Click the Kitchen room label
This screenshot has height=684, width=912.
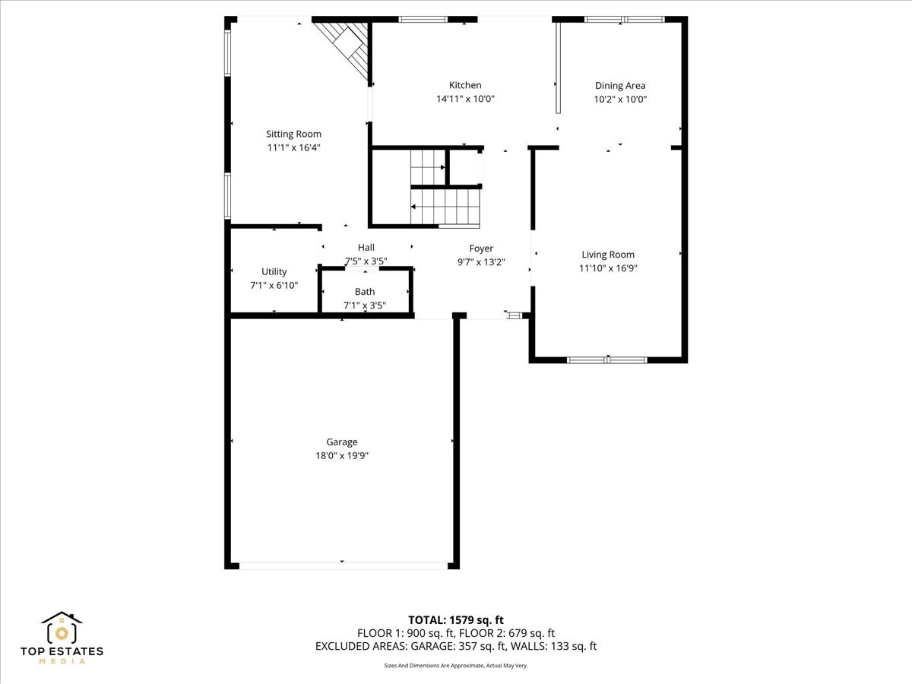coord(464,85)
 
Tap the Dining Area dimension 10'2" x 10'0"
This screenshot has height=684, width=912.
coord(620,99)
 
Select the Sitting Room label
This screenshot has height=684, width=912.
coord(293,134)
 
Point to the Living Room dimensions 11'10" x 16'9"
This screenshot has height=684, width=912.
coord(608,268)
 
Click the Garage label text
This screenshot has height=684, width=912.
coord(341,442)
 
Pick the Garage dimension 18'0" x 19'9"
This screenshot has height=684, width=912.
coord(341,455)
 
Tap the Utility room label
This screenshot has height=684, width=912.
coord(274,271)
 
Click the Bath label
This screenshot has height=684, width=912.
coord(365,292)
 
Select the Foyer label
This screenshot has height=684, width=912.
coord(481,249)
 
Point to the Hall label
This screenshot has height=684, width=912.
coord(366,247)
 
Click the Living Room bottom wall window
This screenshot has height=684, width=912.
coord(607,359)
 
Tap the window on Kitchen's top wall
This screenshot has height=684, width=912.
coord(423,19)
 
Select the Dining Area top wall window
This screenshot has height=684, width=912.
coord(624,19)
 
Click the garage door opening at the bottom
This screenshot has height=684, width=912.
coord(342,565)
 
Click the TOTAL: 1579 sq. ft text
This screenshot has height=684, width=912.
coord(456,619)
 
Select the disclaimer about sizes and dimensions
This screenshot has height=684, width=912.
coord(456,665)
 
